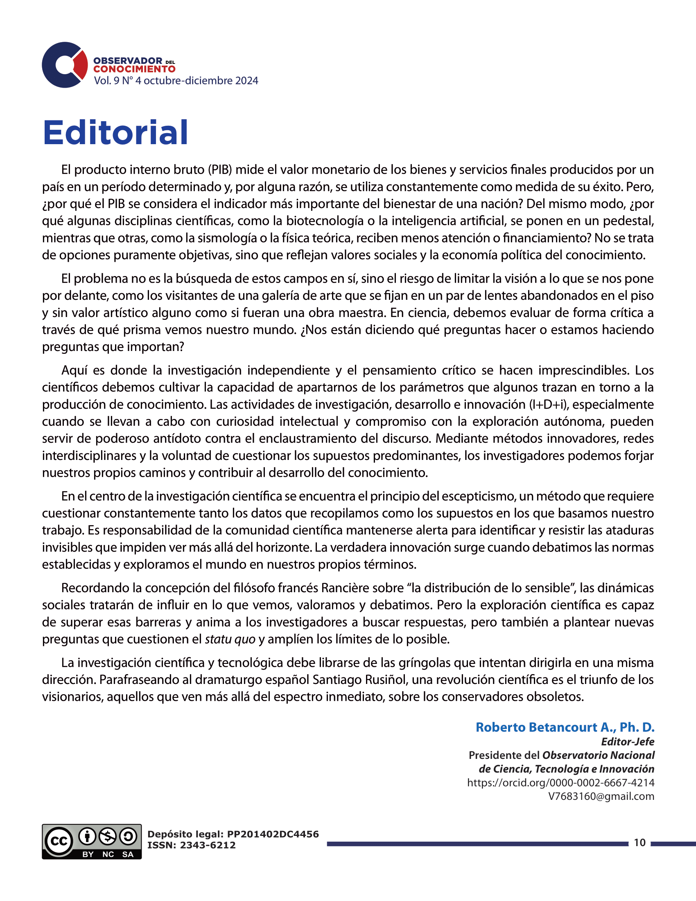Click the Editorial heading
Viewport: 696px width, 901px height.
point(115,133)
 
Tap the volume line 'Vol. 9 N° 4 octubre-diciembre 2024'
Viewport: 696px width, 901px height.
point(176,81)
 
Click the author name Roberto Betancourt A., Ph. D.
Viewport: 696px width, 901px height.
point(565,727)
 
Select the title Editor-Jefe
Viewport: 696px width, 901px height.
point(628,742)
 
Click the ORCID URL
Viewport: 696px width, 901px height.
point(561,783)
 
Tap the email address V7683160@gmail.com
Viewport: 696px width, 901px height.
point(601,796)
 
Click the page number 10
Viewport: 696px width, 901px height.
point(640,842)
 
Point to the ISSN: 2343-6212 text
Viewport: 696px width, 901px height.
point(191,845)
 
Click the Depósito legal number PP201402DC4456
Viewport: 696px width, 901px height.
point(273,834)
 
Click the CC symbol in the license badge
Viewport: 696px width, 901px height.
point(59,841)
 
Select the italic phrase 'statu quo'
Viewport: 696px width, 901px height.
point(230,639)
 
